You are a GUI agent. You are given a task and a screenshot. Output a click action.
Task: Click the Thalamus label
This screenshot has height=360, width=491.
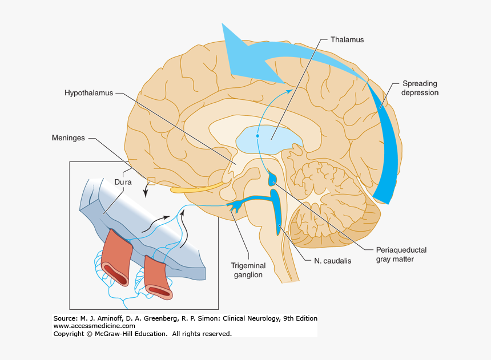pos(347,40)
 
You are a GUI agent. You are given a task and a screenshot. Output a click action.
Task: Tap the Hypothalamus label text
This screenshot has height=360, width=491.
pos(89,92)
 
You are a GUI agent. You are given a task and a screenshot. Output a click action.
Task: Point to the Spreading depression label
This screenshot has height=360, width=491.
pos(420,88)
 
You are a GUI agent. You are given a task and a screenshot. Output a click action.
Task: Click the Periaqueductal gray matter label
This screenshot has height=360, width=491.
pos(401,254)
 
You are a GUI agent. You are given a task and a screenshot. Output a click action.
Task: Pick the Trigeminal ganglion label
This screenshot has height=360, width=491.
pos(247,270)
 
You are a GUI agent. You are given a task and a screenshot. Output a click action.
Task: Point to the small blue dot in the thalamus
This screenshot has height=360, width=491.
pos(257,136)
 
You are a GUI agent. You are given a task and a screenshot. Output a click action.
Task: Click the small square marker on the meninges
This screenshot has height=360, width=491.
pos(151,181)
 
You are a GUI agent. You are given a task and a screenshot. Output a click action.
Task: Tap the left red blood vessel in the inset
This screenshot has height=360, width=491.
pos(117,257)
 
